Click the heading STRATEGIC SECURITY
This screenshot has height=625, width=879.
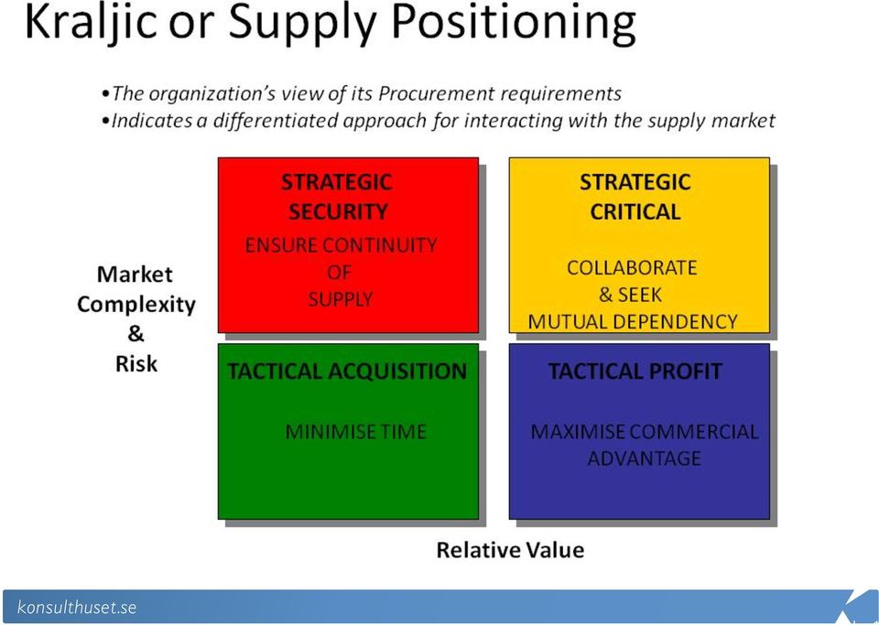click(337, 197)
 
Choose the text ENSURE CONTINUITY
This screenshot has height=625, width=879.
click(341, 244)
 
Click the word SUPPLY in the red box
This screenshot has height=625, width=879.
click(341, 299)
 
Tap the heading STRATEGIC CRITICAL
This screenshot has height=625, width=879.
click(635, 197)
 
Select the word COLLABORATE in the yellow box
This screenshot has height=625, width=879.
click(632, 268)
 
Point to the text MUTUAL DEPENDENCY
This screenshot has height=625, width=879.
click(633, 321)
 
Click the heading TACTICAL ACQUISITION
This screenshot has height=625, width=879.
click(347, 372)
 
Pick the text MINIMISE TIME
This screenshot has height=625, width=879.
click(356, 432)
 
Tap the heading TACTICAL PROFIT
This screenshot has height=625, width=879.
click(635, 372)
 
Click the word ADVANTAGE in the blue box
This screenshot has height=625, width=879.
click(644, 458)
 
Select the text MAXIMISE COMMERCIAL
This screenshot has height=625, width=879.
click(644, 432)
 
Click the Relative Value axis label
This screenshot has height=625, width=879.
click(510, 550)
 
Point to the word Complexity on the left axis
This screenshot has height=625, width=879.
click(136, 305)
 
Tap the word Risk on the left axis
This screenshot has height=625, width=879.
click(136, 364)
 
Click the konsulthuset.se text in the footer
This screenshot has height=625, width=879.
click(77, 607)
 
